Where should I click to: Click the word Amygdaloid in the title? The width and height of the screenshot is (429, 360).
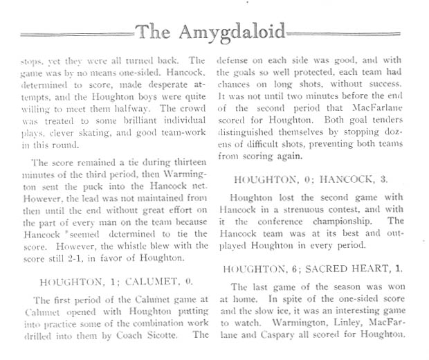coord(235,30)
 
